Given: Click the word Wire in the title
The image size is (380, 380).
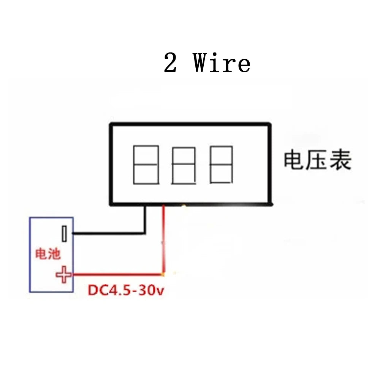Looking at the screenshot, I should tap(222, 63).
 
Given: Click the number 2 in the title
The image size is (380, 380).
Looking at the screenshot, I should tap(171, 63).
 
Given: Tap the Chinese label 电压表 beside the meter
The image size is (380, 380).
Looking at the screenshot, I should tap(317, 161).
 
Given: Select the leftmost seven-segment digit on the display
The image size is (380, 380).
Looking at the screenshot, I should tap(146, 165).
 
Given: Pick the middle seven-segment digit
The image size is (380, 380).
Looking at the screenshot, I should tap(184, 165).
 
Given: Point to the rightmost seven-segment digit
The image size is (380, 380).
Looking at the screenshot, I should tap(221, 165).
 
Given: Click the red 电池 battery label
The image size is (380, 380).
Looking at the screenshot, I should tap(48, 253).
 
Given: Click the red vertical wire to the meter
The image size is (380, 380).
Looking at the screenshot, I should tap(163, 239).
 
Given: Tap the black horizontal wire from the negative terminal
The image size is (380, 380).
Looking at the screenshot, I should tap(108, 233).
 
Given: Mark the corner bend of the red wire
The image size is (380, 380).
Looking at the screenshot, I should tap(163, 274).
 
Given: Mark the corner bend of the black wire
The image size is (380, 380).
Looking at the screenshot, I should tap(144, 233).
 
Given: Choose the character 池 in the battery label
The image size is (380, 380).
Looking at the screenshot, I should tap(55, 253).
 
